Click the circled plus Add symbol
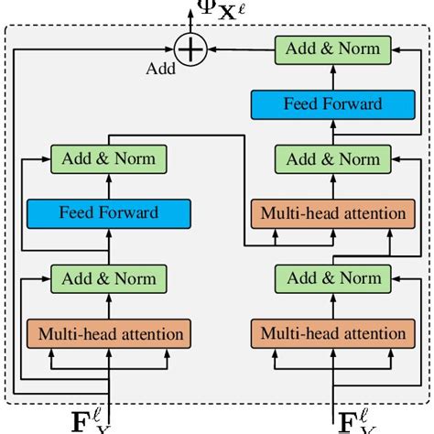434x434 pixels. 189,49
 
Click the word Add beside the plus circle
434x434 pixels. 162,67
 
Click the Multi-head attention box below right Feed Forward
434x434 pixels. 332,213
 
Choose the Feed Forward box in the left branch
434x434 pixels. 109,213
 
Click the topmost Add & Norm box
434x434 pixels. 332,49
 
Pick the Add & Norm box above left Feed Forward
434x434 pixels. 109,158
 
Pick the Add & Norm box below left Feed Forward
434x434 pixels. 109,277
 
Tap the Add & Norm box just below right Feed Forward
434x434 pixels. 332,158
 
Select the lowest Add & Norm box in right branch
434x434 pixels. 332,277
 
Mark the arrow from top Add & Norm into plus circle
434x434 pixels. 238,49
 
